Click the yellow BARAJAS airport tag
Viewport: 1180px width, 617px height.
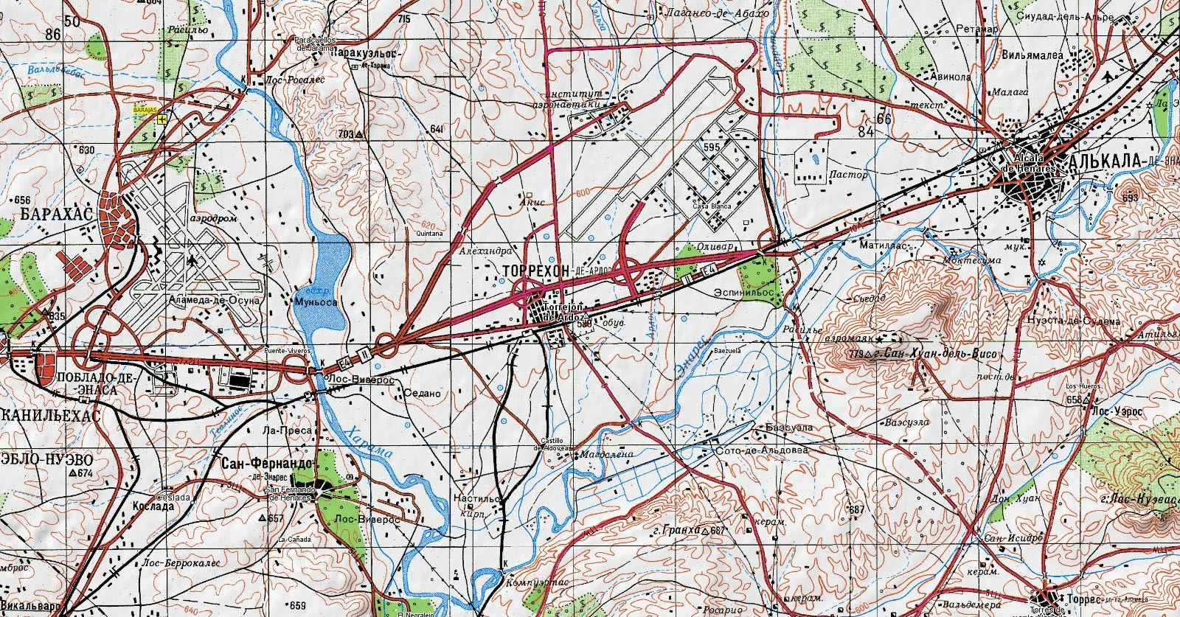pyautogui.click(x=145, y=109)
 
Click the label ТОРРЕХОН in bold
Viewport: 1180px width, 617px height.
pyautogui.click(x=535, y=271)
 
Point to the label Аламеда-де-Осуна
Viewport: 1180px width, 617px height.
pyautogui.click(x=215, y=301)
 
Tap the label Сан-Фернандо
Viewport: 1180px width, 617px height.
pyautogui.click(x=267, y=463)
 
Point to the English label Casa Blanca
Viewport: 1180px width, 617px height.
pyautogui.click(x=712, y=206)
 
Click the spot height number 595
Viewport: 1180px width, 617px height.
pyautogui.click(x=711, y=147)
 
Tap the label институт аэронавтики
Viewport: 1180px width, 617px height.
pyautogui.click(x=575, y=100)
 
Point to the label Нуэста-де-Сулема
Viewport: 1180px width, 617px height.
pyautogui.click(x=1073, y=321)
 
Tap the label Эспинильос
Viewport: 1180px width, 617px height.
pyautogui.click(x=743, y=293)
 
